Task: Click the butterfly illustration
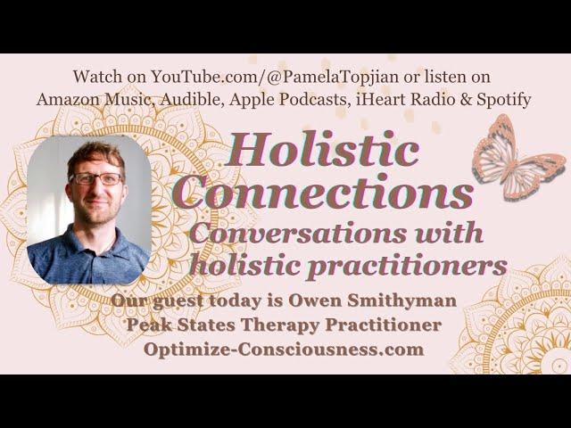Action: [x=517, y=159]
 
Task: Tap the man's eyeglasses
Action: [x=97, y=178]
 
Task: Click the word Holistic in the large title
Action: [x=322, y=150]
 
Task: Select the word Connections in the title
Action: [x=325, y=192]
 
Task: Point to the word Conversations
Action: [x=298, y=234]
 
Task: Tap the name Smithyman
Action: [x=401, y=301]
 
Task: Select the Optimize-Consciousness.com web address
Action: [x=284, y=350]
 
